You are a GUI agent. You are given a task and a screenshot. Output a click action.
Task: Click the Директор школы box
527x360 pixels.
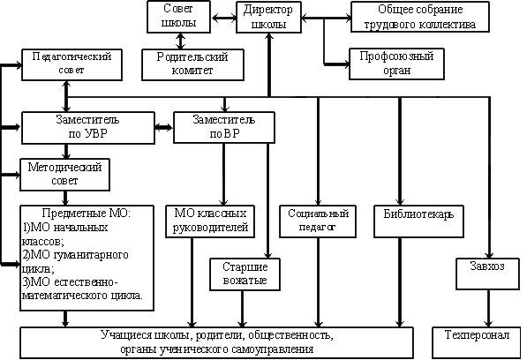coord(268,17)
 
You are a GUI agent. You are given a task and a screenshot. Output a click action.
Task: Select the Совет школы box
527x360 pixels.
coord(179,17)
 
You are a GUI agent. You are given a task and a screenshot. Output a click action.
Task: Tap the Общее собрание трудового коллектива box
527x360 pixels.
coord(420,17)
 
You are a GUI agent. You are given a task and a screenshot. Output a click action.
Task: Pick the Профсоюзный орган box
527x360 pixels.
coord(396,64)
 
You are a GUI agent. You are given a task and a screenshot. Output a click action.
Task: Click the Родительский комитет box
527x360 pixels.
coord(192,64)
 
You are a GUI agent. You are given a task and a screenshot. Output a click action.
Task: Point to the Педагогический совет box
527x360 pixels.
coord(72,64)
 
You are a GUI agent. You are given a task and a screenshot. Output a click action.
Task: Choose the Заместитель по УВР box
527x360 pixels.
coord(87,128)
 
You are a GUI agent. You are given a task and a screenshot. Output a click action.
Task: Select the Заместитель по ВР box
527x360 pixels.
coord(224,127)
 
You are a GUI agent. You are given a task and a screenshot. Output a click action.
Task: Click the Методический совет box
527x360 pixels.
coord(64,175)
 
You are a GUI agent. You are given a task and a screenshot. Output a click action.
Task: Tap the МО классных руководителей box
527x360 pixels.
coord(210,221)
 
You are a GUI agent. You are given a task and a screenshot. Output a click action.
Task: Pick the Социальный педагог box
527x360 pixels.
coord(318,221)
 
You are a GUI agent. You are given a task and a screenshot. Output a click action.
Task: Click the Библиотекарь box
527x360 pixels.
coord(418,221)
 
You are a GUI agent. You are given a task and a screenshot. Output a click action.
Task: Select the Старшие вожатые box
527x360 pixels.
coord(245,274)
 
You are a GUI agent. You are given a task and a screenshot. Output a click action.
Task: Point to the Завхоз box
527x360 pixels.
coord(487,274)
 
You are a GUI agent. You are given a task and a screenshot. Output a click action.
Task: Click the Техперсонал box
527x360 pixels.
coord(477,342)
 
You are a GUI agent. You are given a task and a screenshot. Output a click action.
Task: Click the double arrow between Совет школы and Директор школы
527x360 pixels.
coord(223,18)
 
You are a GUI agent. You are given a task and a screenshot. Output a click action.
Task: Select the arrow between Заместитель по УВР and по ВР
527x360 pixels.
coord(164,128)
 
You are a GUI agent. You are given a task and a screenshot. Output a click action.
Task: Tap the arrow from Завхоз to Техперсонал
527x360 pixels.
coord(488,308)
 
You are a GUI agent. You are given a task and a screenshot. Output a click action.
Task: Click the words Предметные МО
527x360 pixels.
coord(86,214)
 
